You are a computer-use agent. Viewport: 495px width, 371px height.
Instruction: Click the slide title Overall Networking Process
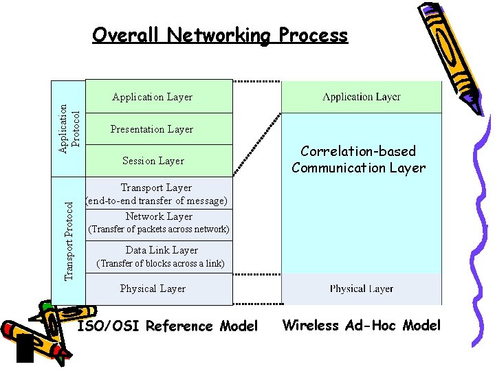pos(220,35)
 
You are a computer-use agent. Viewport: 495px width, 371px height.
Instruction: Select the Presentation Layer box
pos(152,129)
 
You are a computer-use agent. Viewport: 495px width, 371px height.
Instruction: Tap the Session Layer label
pos(153,161)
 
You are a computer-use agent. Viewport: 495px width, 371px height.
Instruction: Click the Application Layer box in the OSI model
pos(153,97)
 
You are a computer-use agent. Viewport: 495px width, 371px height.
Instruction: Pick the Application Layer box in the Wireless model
pos(362,97)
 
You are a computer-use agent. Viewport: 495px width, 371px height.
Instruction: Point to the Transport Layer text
pos(156,188)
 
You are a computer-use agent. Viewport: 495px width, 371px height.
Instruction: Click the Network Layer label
pos(159,216)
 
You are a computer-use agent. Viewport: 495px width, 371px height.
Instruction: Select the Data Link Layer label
pos(162,250)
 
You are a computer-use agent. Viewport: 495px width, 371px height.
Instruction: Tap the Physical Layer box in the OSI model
pos(153,289)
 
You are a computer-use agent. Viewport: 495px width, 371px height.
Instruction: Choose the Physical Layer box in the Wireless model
pos(362,289)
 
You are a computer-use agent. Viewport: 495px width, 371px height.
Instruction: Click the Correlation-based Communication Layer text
pos(358,159)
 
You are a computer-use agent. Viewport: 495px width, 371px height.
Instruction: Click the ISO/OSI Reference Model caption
pos(168,326)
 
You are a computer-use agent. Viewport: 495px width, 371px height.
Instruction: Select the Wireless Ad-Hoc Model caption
pos(362,326)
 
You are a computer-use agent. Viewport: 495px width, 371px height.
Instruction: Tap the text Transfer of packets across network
pos(159,229)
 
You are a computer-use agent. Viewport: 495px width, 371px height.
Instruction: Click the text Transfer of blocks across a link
pos(160,263)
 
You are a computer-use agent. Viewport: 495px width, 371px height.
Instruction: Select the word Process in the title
pos(313,35)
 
